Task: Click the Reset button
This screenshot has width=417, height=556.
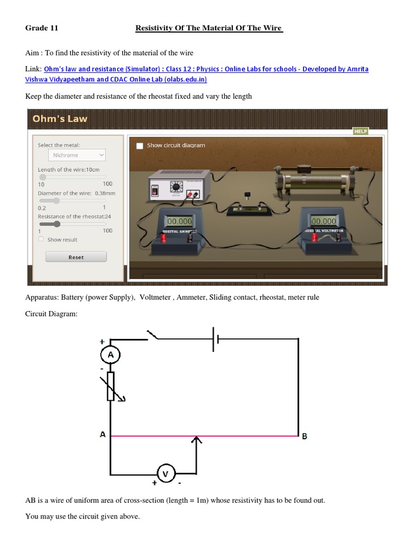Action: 76,257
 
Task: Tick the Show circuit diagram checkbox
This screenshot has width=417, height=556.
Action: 140,146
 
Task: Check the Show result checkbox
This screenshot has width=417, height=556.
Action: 41,239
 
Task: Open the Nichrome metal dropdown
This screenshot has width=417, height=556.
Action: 77,155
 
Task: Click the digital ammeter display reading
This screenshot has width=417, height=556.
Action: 179,222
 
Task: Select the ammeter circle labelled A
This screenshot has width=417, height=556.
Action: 111,355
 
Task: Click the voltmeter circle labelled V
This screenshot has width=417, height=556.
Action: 166,473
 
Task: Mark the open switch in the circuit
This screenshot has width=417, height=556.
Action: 155,336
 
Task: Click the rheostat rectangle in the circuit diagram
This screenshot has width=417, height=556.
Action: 111,386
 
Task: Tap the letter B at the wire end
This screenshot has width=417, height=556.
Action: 305,436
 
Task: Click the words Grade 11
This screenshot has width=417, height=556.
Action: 41,28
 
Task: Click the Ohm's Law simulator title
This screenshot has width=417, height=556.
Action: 60,118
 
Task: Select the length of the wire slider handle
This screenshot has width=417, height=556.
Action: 42,177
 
